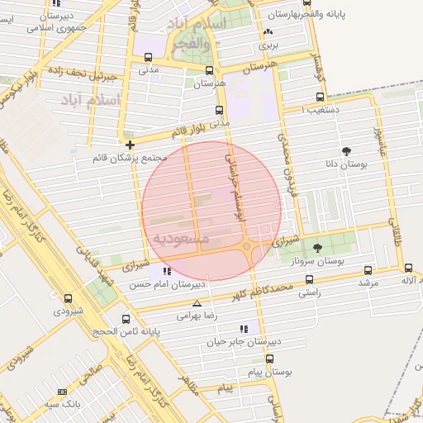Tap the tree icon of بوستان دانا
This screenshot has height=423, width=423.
pyautogui.click(x=345, y=151)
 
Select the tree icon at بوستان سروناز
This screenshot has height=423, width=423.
pyautogui.click(x=318, y=247)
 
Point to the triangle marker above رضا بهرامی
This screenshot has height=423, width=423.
pyautogui.click(x=196, y=302)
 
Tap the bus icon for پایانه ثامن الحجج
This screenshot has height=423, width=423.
pyautogui.click(x=126, y=319)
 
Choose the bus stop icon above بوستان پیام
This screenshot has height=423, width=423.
pyautogui.click(x=269, y=359)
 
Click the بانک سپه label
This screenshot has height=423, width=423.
pyautogui.click(x=63, y=404)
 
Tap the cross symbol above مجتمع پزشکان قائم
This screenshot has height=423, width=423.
pyautogui.click(x=130, y=145)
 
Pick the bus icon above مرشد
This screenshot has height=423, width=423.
pyautogui.click(x=368, y=269)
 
